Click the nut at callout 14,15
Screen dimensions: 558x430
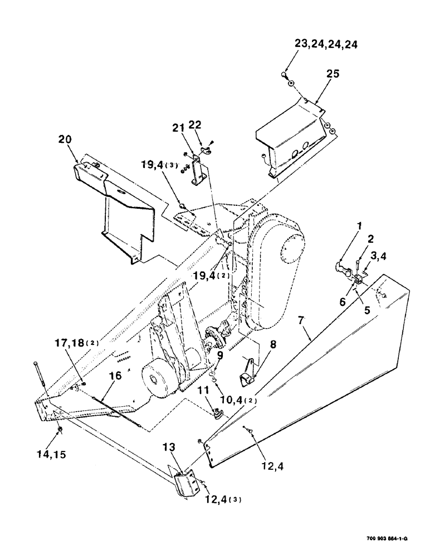tap(60, 430)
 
